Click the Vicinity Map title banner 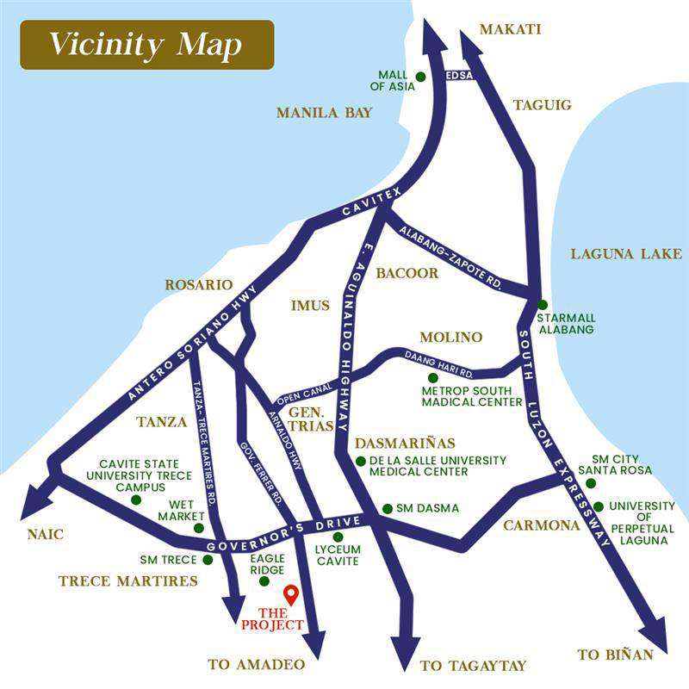point(146,45)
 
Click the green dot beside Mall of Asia point(420,77)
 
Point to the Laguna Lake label point(626,254)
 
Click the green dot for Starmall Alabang point(543,304)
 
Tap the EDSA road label point(460,77)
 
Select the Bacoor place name point(407,273)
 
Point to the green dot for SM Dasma point(388,508)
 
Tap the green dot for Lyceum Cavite point(338,537)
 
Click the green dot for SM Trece point(208,560)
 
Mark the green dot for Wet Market point(199,528)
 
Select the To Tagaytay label point(473,666)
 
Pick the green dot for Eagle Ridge point(264,581)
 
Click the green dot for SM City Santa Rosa point(591,483)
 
